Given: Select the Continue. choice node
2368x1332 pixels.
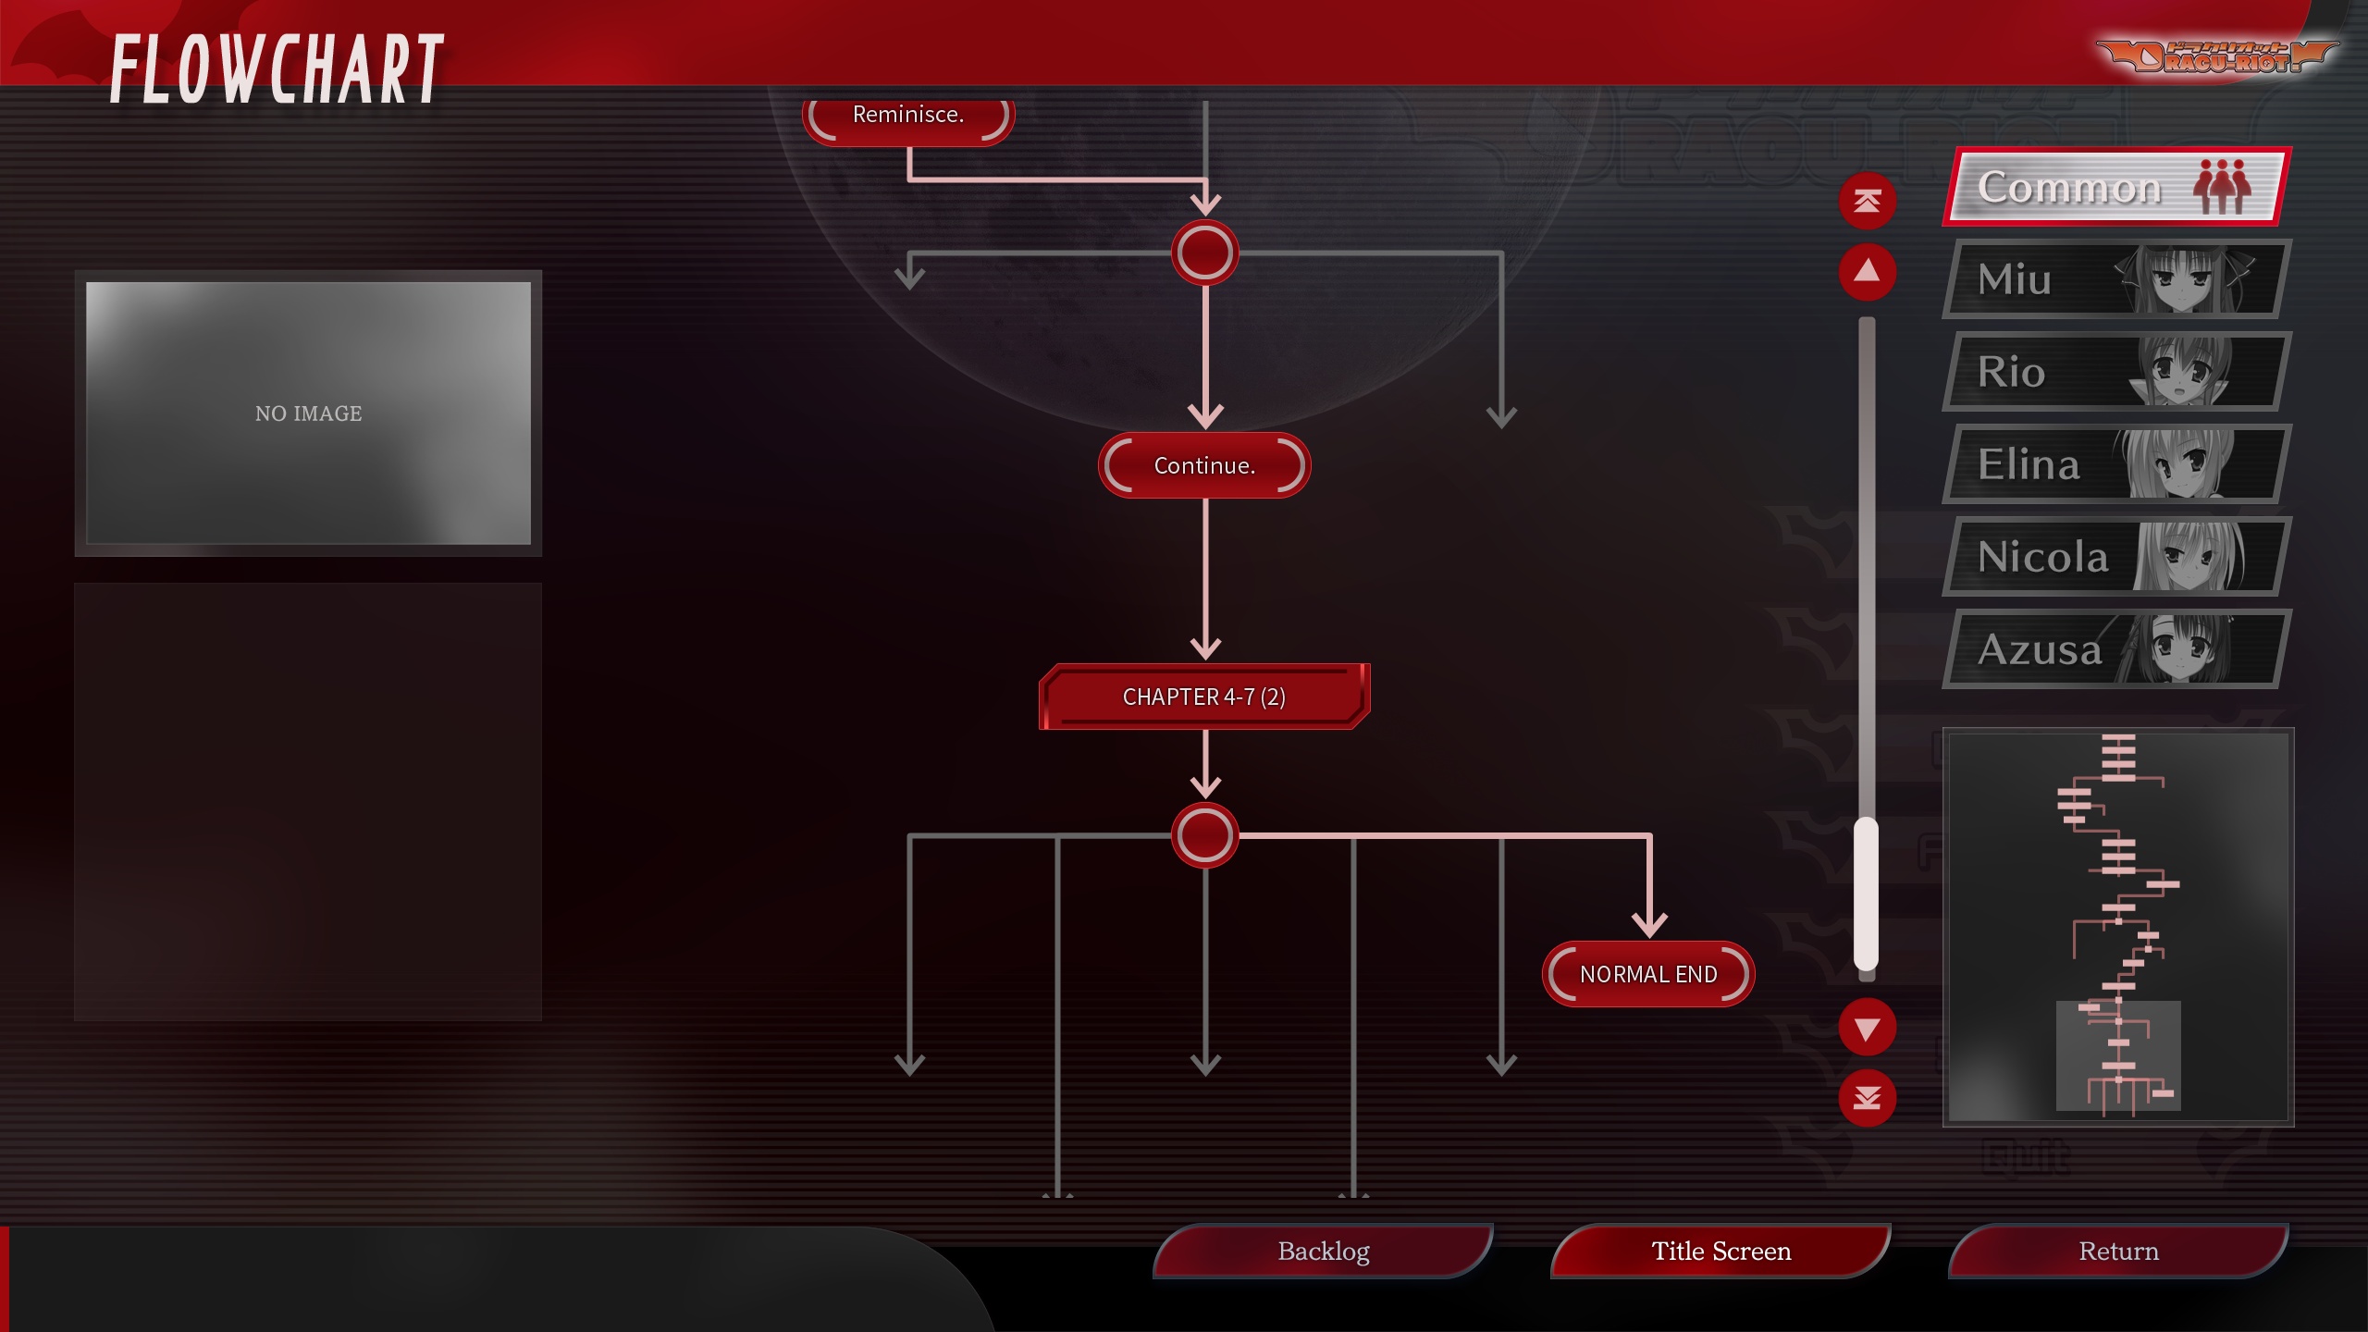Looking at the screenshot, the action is (1204, 465).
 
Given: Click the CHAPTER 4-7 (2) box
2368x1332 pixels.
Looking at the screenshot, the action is (1204, 697).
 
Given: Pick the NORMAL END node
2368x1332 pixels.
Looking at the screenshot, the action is (1648, 974).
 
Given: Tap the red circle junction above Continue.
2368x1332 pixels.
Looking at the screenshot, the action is (1204, 253).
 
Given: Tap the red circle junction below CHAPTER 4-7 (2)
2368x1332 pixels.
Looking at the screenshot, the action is (1204, 835).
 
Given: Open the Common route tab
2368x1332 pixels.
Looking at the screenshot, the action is (2115, 187).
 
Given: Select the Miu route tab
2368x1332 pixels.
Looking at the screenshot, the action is (2115, 279).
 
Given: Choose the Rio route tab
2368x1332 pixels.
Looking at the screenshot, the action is (2115, 372).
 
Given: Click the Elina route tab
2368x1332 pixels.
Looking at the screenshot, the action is (2115, 464).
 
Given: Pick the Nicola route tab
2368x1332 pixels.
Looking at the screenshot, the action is (2115, 557).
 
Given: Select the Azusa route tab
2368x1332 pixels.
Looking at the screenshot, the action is (2115, 649).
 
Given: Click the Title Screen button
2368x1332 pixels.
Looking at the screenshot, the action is (1720, 1252).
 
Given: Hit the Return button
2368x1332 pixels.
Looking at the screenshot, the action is (2118, 1252).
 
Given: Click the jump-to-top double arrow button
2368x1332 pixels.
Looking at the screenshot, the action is (1867, 201).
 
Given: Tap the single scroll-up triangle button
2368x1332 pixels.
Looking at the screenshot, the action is (1867, 272).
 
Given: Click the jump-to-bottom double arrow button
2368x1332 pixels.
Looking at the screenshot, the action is (1867, 1098).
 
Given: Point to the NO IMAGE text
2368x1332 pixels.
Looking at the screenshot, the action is (308, 413).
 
